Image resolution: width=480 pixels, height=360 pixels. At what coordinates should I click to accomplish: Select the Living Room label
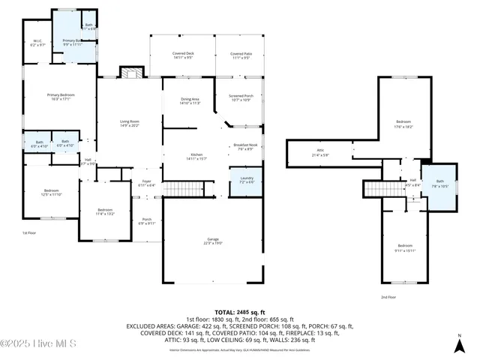pos(130,123)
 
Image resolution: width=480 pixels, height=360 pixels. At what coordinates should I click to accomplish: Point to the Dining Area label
pos(190,100)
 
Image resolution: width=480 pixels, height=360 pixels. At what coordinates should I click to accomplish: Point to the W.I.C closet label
pos(37,43)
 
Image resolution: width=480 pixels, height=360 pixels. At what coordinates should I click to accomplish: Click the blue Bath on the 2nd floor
pos(439,183)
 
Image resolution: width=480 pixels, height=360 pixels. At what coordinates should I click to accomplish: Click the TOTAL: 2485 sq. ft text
pos(236,311)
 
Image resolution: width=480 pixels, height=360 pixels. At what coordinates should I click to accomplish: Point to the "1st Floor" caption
pos(29,233)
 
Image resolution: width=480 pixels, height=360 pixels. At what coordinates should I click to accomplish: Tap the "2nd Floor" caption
pos(388,297)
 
